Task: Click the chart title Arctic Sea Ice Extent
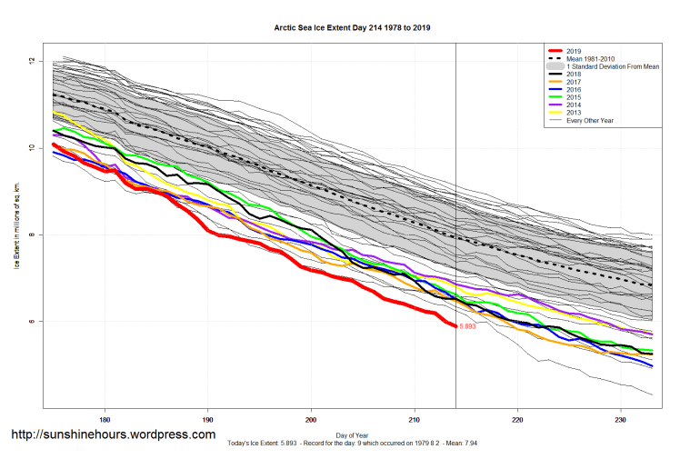[x=353, y=28]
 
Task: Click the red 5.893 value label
[x=468, y=326]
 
